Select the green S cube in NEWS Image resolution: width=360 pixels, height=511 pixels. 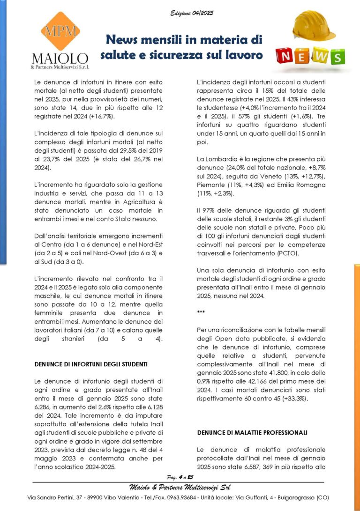pos(336,57)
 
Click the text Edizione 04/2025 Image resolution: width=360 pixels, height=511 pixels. pos(192,13)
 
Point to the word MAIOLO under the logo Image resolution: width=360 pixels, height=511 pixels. pos(60,59)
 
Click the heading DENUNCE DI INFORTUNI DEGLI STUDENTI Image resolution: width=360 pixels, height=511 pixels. pos(91,363)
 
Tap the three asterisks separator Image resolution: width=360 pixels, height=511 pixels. pos(201,311)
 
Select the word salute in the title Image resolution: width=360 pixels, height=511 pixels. pos(120,55)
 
